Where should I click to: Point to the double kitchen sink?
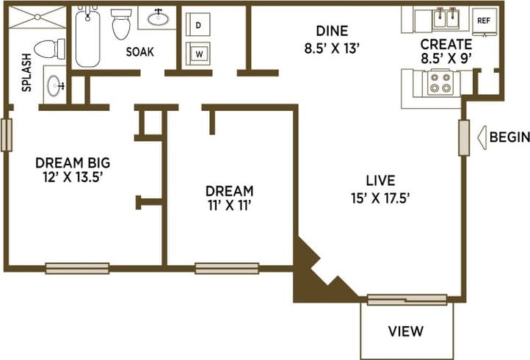[443, 18]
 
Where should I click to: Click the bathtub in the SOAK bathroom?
[88, 37]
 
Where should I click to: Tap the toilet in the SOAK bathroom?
[121, 24]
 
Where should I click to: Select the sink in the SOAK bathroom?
[159, 18]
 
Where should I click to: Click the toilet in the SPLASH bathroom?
[50, 49]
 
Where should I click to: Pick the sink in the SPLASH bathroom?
[54, 85]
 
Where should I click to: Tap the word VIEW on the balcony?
[406, 331]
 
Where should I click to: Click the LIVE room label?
[381, 180]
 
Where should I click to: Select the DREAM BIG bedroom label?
[73, 162]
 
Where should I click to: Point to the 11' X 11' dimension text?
[229, 206]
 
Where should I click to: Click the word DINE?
[332, 31]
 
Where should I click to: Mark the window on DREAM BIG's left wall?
[6, 135]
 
